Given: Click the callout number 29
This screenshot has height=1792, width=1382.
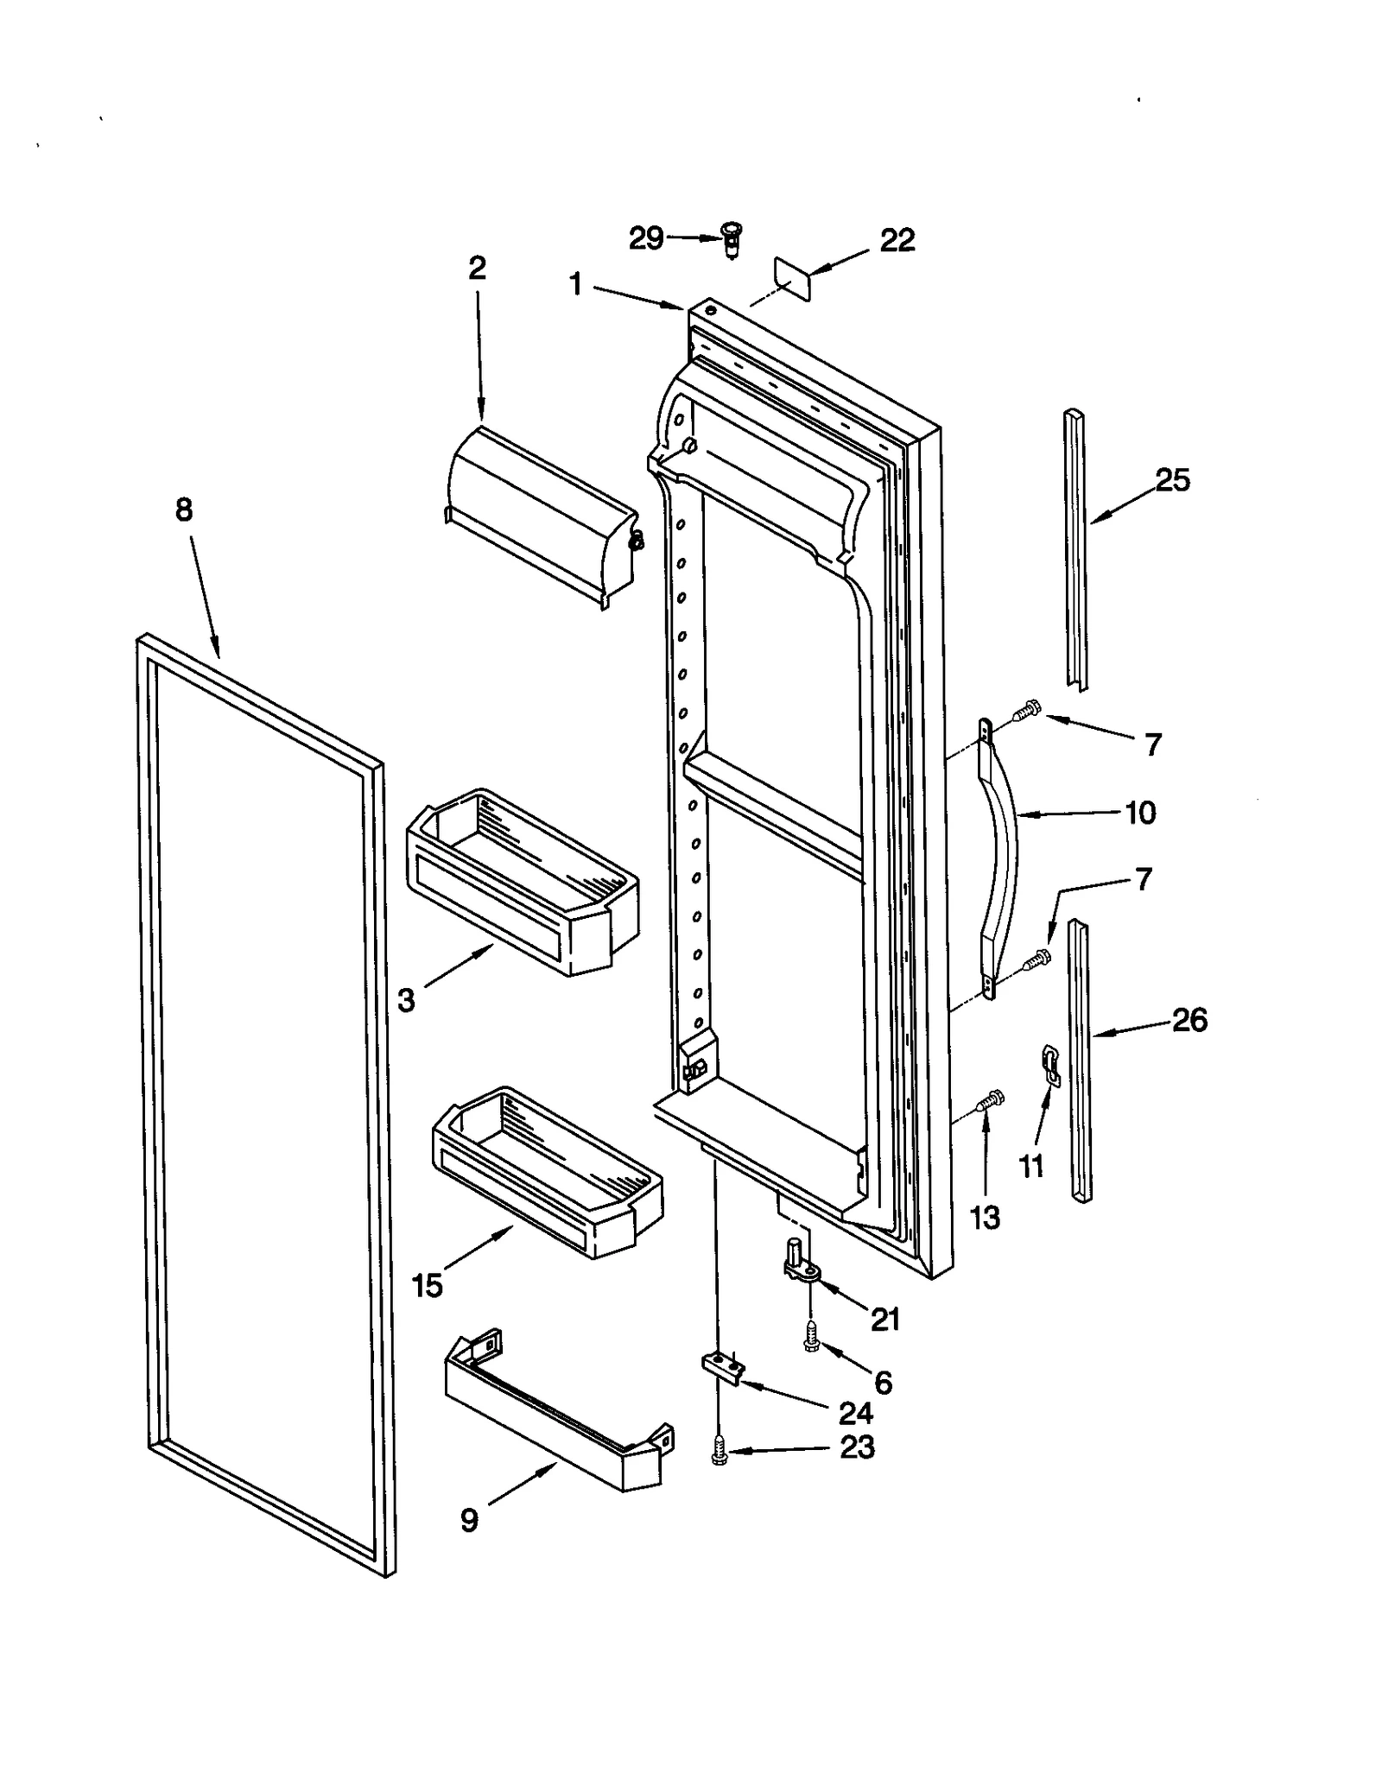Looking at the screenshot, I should pyautogui.click(x=645, y=237).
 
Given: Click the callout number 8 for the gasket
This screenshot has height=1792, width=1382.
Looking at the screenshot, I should pyautogui.click(x=183, y=510).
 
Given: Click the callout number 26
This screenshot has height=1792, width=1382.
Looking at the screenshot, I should pyautogui.click(x=1189, y=1020).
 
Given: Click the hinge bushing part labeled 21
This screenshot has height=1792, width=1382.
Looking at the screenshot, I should pyautogui.click(x=800, y=1262).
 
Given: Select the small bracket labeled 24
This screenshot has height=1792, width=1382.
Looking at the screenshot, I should pyautogui.click(x=723, y=1367).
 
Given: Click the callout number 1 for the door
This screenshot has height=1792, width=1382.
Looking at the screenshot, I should pyautogui.click(x=576, y=284).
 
